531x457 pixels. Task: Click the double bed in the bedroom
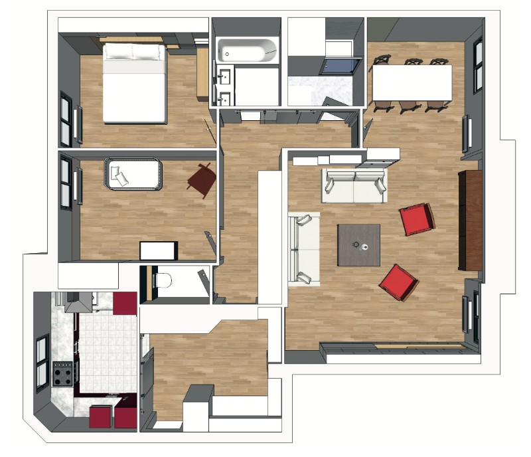point(134,83)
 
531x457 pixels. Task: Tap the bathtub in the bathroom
point(246,50)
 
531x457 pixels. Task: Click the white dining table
point(412,82)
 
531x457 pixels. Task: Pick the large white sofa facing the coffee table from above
point(354,186)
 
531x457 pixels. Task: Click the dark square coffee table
point(358,244)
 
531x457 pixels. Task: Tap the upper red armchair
point(417,220)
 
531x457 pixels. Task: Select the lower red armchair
point(398,282)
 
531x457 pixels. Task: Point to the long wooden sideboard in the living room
point(470,219)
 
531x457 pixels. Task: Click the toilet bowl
point(163,282)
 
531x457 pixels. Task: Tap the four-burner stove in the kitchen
point(64,374)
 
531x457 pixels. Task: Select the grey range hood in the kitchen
point(80,302)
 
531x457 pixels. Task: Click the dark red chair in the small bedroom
point(202,179)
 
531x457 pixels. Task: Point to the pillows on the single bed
point(120,175)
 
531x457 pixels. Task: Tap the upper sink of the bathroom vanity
point(224,76)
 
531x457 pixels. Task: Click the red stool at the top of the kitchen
point(125,304)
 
